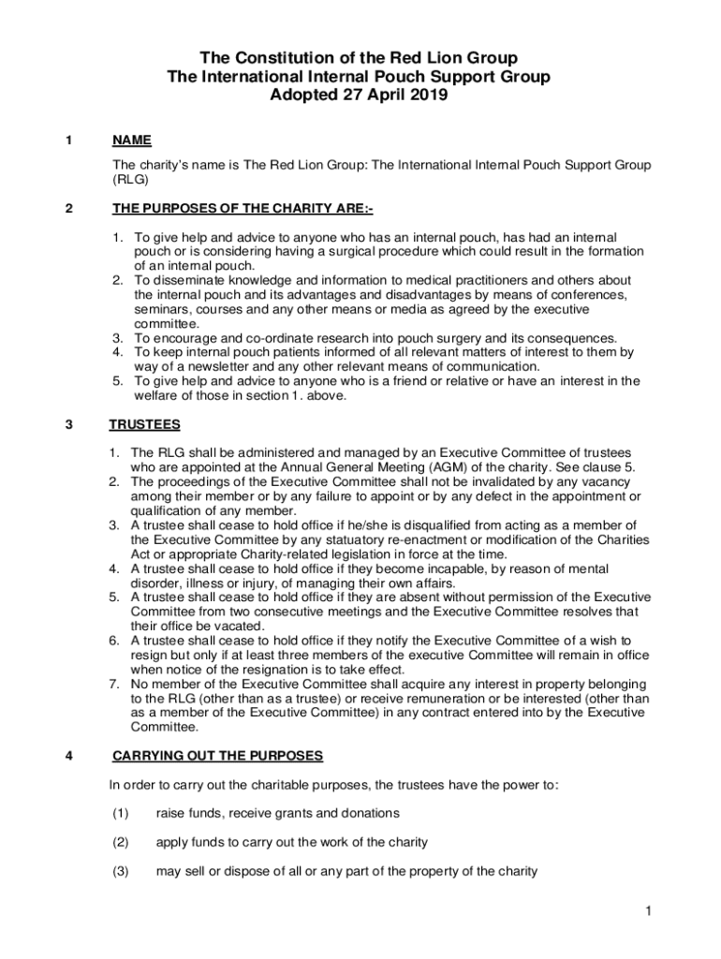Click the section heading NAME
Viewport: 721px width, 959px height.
(x=131, y=140)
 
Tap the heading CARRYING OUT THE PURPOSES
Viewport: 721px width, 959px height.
(x=217, y=756)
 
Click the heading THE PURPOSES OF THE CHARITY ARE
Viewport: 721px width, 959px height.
(x=243, y=209)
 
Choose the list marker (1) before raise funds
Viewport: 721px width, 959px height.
(x=120, y=813)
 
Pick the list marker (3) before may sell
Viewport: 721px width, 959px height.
(x=120, y=871)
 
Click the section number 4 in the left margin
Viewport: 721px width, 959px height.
(x=70, y=756)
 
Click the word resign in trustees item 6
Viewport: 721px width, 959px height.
(x=150, y=655)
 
